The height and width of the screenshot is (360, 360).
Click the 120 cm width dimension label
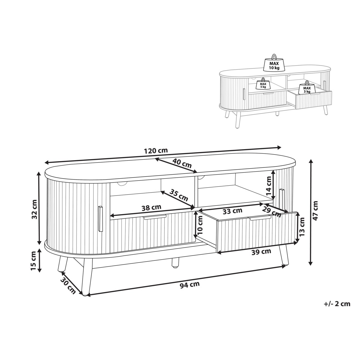[156, 151]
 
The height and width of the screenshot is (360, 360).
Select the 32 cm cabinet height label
[34, 209]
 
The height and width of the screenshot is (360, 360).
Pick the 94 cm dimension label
[190, 285]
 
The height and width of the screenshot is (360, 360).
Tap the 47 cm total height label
[315, 211]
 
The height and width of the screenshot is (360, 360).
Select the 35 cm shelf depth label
[178, 195]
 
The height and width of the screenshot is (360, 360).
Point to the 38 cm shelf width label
[151, 208]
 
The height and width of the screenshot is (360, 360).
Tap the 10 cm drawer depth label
[200, 225]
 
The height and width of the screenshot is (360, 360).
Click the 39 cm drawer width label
[261, 252]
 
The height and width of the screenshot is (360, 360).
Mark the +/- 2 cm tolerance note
[337, 309]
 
